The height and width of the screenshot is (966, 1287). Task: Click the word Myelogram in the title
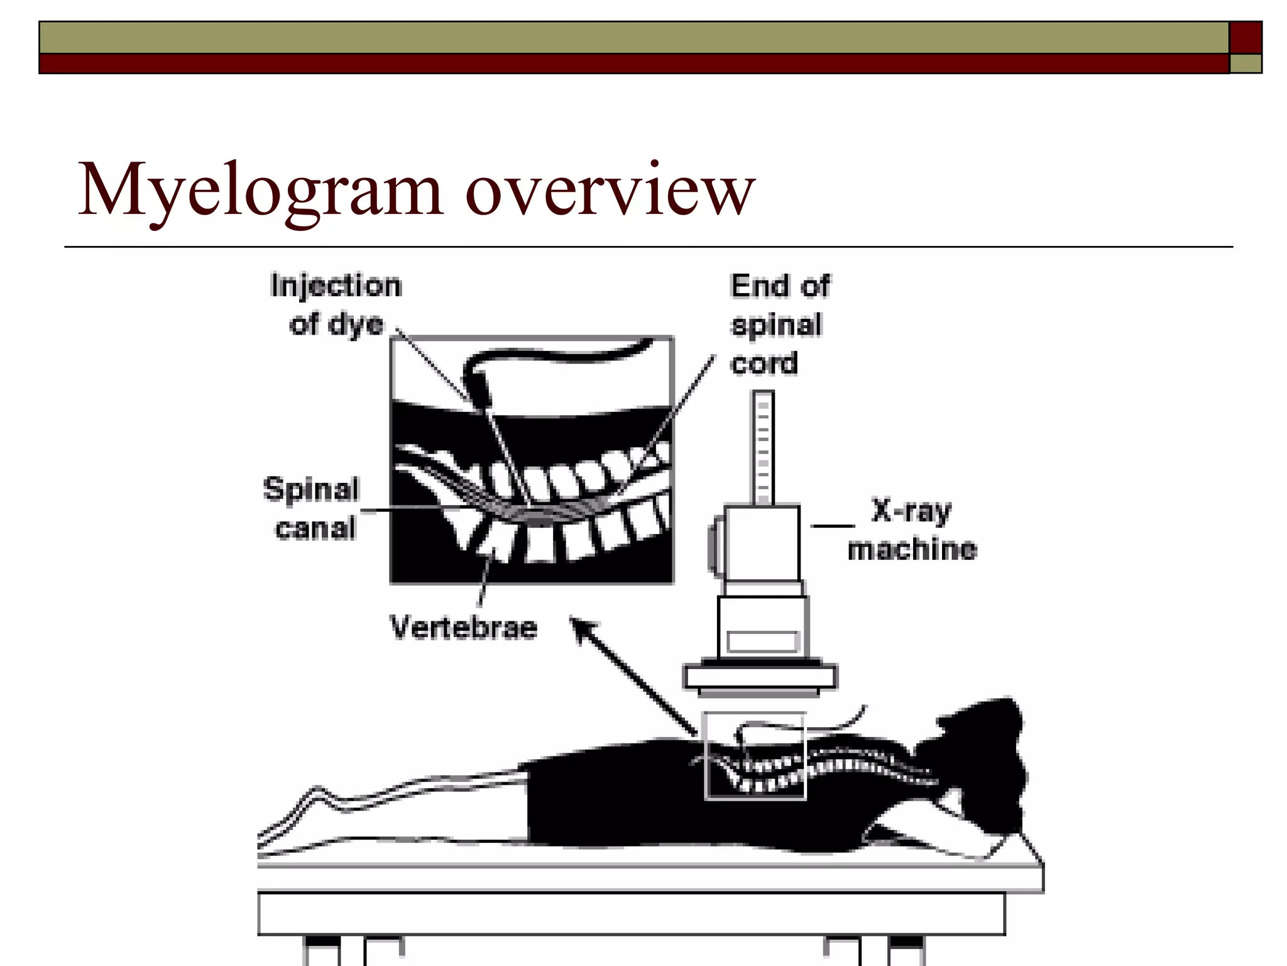(x=260, y=191)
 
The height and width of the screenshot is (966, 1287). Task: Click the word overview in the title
(x=610, y=191)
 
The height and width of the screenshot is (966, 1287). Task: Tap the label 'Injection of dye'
(x=336, y=305)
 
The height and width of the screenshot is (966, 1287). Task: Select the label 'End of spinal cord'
(x=779, y=325)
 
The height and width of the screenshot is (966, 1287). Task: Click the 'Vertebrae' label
(x=464, y=628)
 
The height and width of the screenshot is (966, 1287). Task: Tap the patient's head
(x=980, y=755)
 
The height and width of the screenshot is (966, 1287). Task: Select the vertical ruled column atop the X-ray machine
(x=763, y=448)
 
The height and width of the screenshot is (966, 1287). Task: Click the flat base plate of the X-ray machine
(x=760, y=677)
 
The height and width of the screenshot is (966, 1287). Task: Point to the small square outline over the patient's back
(x=754, y=755)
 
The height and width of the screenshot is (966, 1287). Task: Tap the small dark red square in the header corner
(x=1246, y=38)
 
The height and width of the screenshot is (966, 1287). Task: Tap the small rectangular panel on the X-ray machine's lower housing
(x=762, y=641)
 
